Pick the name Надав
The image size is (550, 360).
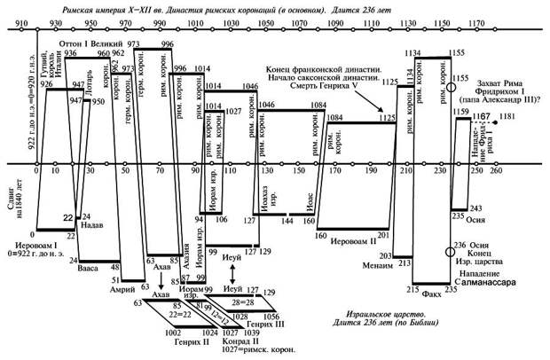click(x=93, y=225)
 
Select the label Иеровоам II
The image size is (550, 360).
click(x=354, y=240)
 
